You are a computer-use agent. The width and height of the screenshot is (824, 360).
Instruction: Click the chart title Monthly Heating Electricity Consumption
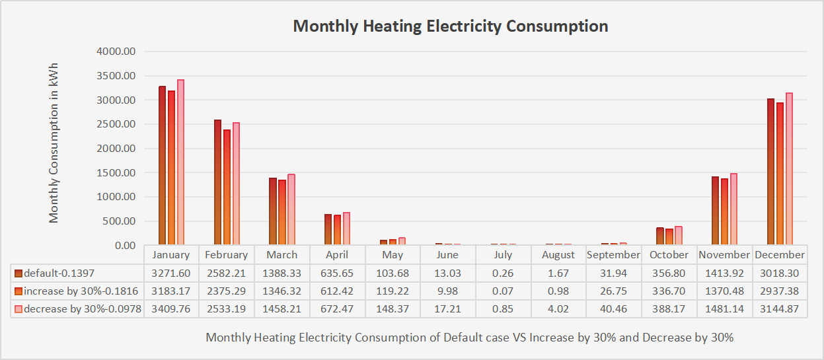(450, 26)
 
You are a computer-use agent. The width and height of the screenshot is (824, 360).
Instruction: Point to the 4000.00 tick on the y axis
(116, 52)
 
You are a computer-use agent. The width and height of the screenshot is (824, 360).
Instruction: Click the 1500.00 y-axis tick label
(116, 173)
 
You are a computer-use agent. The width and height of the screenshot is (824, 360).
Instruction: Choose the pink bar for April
(346, 229)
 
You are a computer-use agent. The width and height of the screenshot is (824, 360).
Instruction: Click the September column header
(613, 255)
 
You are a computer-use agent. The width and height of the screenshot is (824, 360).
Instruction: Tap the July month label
(503, 255)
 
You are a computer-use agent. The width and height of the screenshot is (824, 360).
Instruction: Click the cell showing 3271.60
(171, 273)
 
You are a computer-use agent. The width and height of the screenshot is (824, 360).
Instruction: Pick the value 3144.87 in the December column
(780, 308)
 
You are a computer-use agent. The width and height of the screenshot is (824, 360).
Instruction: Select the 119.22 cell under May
(393, 291)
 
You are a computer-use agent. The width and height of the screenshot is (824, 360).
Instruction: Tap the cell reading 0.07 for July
(503, 291)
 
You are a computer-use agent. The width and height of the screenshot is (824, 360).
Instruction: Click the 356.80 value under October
(669, 273)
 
